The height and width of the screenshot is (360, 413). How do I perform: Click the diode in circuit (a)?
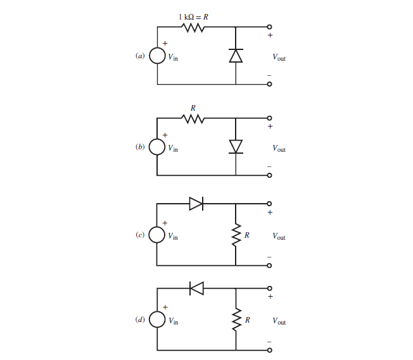pyautogui.click(x=236, y=56)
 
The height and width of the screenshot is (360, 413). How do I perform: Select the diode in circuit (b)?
pyautogui.click(x=236, y=146)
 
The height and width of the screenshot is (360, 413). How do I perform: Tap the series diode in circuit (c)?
pyautogui.click(x=196, y=203)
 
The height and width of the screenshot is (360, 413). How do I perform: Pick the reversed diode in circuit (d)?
pyautogui.click(x=196, y=289)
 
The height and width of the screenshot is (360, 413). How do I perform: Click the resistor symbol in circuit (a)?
pyautogui.click(x=193, y=27)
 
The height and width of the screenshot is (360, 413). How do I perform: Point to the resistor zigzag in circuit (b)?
pyautogui.click(x=193, y=118)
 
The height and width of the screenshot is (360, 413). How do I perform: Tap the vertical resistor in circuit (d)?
pyautogui.click(x=236, y=321)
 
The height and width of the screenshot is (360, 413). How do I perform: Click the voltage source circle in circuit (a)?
pyautogui.click(x=158, y=56)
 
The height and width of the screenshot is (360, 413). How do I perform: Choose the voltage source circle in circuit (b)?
pyautogui.click(x=158, y=147)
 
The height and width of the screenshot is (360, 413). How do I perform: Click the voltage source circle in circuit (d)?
pyautogui.click(x=158, y=320)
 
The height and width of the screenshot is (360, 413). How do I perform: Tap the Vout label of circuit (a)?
pyautogui.click(x=279, y=58)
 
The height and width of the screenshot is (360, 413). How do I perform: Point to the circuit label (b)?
pyautogui.click(x=140, y=147)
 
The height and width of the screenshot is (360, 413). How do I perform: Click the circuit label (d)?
pyautogui.click(x=140, y=320)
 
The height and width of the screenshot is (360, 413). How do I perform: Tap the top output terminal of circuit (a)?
pyautogui.click(x=269, y=27)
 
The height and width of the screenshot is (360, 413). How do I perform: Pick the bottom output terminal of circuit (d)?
pyautogui.click(x=269, y=350)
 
